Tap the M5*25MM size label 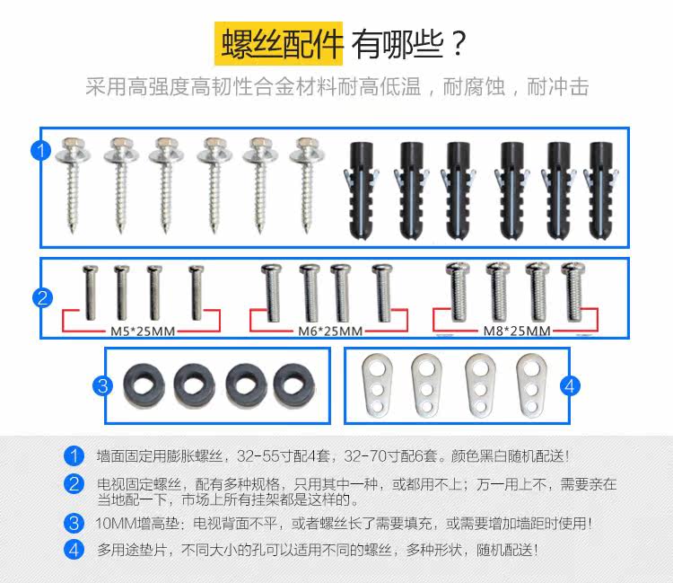[142, 331]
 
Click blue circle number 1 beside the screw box [39, 150]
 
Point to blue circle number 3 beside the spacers [103, 385]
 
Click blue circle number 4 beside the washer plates [568, 385]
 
